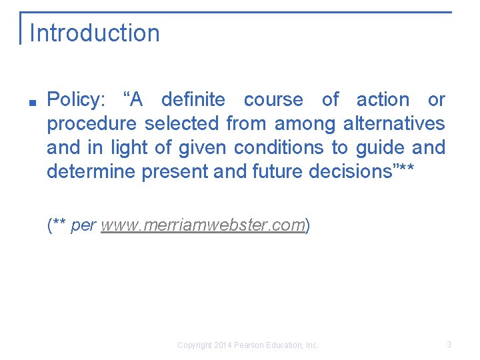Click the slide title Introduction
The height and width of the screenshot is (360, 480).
coord(95,33)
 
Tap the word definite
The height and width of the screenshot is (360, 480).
coord(193,100)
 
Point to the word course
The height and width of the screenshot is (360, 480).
coord(273,100)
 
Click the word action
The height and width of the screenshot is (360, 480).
coord(383,100)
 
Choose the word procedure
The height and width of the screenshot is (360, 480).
coord(93,124)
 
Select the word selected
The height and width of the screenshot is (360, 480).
coord(181,124)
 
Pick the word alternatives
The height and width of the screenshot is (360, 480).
coord(394,124)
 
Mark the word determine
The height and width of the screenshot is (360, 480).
coord(91,171)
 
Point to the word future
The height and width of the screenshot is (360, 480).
coord(278,171)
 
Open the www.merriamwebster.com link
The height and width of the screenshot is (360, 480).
coord(203,225)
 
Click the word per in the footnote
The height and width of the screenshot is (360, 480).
coord(83,226)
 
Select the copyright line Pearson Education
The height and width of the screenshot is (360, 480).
coord(247,345)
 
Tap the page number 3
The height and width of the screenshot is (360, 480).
coord(449,345)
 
